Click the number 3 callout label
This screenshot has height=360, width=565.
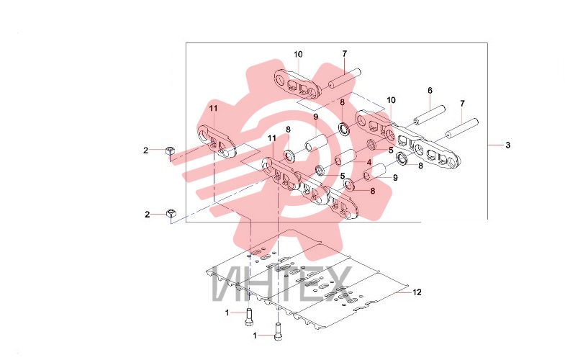[x=507, y=145]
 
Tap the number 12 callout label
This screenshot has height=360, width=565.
[x=417, y=292]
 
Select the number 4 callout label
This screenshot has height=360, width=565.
[x=369, y=163]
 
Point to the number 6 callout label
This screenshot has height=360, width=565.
[x=430, y=91]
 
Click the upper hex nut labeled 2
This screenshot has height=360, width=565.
[x=169, y=150]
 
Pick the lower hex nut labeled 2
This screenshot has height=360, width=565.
[x=171, y=213]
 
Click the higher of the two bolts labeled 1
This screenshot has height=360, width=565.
[x=249, y=317]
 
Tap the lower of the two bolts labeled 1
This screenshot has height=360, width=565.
[x=277, y=331]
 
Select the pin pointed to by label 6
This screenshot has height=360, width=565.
[x=430, y=115]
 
